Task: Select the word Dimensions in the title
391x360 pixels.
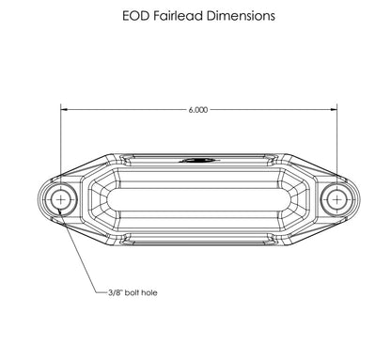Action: tap(241, 16)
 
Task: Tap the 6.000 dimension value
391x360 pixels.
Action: tap(197, 110)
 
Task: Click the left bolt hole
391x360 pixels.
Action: tap(61, 199)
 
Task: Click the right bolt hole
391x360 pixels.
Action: tap(336, 199)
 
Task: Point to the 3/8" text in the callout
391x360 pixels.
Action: tap(119, 293)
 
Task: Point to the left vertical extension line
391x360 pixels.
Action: tap(61, 141)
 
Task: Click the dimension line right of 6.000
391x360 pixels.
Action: tap(273, 110)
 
